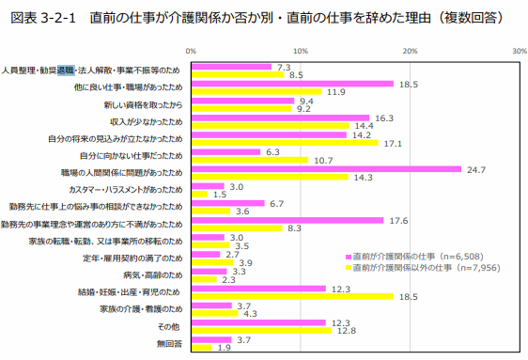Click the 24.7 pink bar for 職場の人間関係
pyautogui.click(x=326, y=169)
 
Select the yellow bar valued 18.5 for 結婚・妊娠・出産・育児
pyautogui.click(x=292, y=296)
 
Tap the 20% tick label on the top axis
pyautogui.click(x=410, y=51)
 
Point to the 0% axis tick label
pyautogui.click(x=191, y=51)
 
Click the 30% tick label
pyautogui.click(x=520, y=51)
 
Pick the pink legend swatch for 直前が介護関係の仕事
pyautogui.click(x=349, y=258)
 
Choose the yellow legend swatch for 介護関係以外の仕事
pyautogui.click(x=349, y=268)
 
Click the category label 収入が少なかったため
pyautogui.click(x=147, y=121)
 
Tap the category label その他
pyautogui.click(x=169, y=326)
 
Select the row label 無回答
pyautogui.click(x=169, y=343)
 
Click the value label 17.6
pyautogui.click(x=398, y=221)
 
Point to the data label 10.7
pyautogui.click(x=323, y=161)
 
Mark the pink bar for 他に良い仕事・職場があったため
pyautogui.click(x=292, y=84)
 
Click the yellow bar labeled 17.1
pyautogui.click(x=285, y=143)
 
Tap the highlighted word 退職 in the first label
pyautogui.click(x=66, y=70)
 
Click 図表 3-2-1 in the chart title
pyautogui.click(x=43, y=18)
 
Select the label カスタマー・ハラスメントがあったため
pyautogui.click(x=126, y=190)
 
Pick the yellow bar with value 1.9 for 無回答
pyautogui.click(x=202, y=348)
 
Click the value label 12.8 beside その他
pyautogui.click(x=347, y=331)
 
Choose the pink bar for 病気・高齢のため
pyautogui.click(x=210, y=272)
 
